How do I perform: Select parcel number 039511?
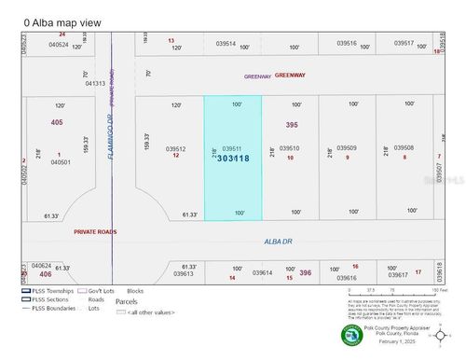coord(230,148)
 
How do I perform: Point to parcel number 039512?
coord(176,148)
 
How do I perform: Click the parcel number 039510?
coord(289,148)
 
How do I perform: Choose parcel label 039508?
coord(404,148)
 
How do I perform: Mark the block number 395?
coord(292,124)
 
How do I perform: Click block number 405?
coord(58,122)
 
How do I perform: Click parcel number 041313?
coord(96,83)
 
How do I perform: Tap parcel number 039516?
coord(347,43)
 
